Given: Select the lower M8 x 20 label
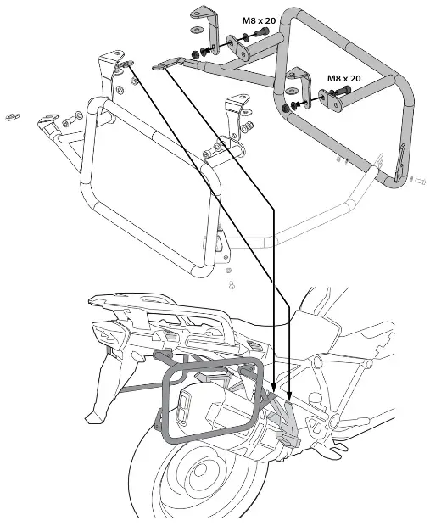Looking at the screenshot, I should [x=344, y=78].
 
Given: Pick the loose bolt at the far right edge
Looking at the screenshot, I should [x=418, y=180].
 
